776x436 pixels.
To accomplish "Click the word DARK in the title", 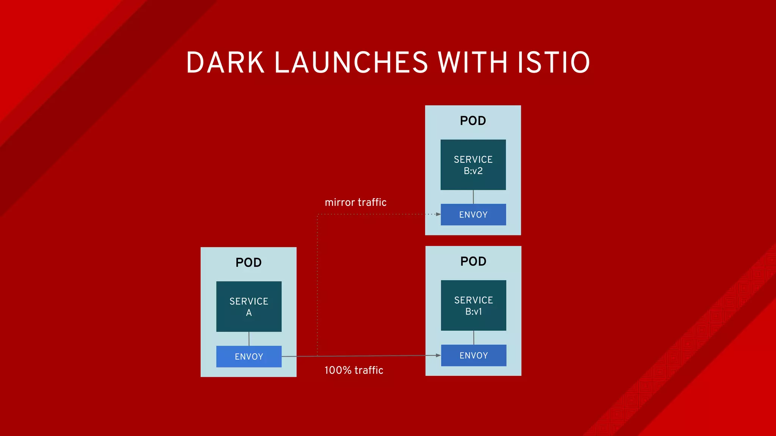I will pyautogui.click(x=225, y=62).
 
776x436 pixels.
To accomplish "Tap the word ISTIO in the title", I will pyautogui.click(x=554, y=62).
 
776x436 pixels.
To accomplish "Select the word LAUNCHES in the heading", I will pyautogui.click(x=351, y=62).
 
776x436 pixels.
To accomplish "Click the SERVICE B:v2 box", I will pyautogui.click(x=473, y=165).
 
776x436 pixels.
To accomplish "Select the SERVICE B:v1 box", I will pyautogui.click(x=473, y=305).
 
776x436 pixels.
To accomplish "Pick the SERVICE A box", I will pyautogui.click(x=249, y=306).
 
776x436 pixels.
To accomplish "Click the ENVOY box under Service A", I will pyautogui.click(x=249, y=357).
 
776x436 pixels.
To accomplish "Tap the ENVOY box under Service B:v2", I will pyautogui.click(x=473, y=215).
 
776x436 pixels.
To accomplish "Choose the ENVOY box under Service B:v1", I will pyautogui.click(x=473, y=355).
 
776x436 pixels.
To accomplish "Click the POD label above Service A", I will pyautogui.click(x=249, y=262).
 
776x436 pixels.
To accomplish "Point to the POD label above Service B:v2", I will pyautogui.click(x=473, y=121).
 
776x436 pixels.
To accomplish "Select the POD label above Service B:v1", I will pyautogui.click(x=473, y=261).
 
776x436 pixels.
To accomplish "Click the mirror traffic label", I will pyautogui.click(x=355, y=202).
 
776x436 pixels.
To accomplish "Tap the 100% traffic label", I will pyautogui.click(x=354, y=370).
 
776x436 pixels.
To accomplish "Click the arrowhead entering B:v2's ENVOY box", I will pyautogui.click(x=438, y=214).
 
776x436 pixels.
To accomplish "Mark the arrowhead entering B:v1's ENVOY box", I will pyautogui.click(x=438, y=355).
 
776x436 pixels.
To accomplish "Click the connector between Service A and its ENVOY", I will pyautogui.click(x=249, y=339).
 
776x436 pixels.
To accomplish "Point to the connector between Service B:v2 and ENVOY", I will pyautogui.click(x=473, y=197).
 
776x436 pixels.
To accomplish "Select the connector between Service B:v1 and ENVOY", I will pyautogui.click(x=474, y=338).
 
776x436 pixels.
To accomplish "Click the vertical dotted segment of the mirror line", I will pyautogui.click(x=317, y=284).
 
